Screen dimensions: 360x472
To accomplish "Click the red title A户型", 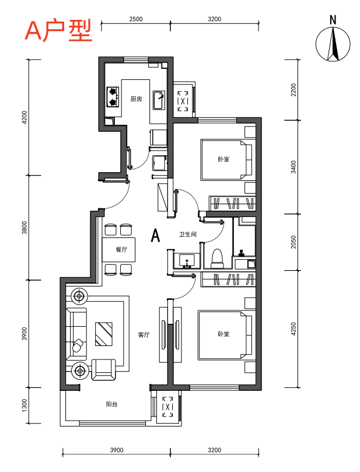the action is pyautogui.click(x=58, y=31).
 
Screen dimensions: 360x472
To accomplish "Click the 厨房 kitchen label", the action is pyautogui.click(x=136, y=99).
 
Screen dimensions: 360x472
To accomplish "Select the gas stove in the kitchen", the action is pyautogui.click(x=113, y=97).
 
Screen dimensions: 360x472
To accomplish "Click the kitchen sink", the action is pyautogui.click(x=159, y=100).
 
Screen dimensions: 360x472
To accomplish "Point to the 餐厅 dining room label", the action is pyautogui.click(x=121, y=249).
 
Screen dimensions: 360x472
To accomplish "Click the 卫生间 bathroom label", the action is pyautogui.click(x=188, y=234).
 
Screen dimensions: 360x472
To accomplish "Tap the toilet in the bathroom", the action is pyautogui.click(x=217, y=258).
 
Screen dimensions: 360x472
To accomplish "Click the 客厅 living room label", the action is pyautogui.click(x=144, y=335).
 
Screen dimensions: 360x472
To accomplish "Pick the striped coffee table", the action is pyautogui.click(x=104, y=334).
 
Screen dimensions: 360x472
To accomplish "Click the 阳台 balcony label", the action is pyautogui.click(x=111, y=404).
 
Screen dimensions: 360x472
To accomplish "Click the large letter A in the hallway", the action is pyautogui.click(x=155, y=235).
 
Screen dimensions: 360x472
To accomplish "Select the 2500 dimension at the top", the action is pyautogui.click(x=136, y=19).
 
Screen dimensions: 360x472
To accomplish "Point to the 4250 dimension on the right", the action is pyautogui.click(x=294, y=328).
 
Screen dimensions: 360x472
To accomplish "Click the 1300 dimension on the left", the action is pyautogui.click(x=25, y=405).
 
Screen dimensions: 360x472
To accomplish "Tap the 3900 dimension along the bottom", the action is pyautogui.click(x=117, y=450).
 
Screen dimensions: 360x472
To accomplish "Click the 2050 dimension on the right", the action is pyautogui.click(x=294, y=242).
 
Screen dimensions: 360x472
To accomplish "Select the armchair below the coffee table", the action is pyautogui.click(x=103, y=369).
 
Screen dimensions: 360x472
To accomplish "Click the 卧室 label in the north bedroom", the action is pyautogui.click(x=223, y=159).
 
